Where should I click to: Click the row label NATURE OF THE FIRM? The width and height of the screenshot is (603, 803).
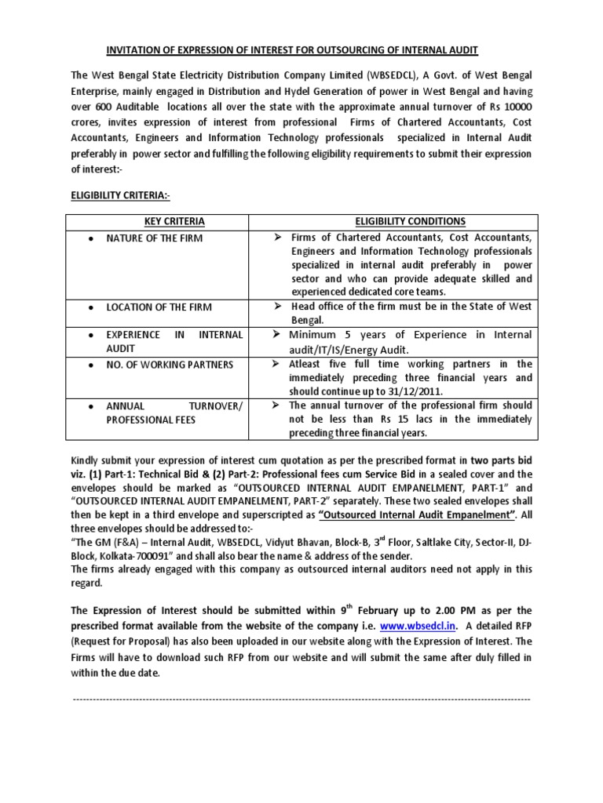click(x=155, y=238)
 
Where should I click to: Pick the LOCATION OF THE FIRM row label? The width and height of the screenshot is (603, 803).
click(x=159, y=307)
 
